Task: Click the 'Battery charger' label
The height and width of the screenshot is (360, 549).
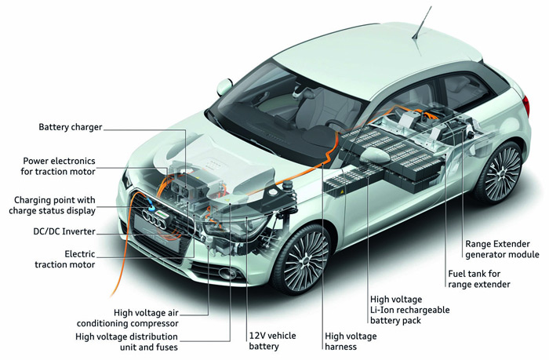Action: [71, 127]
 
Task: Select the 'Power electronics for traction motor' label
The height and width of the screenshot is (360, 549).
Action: [58, 166]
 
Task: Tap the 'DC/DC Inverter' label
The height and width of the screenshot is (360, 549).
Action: [64, 231]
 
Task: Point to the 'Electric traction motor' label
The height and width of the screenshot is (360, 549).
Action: [65, 259]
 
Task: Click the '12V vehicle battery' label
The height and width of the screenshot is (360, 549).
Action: [272, 341]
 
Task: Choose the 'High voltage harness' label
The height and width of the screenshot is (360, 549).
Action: [351, 341]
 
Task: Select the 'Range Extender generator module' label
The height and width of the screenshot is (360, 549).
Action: [502, 249]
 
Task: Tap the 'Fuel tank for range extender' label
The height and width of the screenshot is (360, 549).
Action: [479, 278]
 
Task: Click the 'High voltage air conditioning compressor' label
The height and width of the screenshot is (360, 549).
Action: [127, 318]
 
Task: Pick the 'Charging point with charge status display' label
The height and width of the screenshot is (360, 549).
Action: [53, 205]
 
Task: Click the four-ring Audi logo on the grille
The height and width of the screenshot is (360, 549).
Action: [154, 220]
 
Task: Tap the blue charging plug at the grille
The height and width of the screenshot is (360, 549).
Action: [151, 205]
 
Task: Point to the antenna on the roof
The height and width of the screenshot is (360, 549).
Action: [422, 23]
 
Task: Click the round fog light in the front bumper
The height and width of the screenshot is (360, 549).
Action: [226, 272]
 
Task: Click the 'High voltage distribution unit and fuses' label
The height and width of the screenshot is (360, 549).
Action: [127, 342]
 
